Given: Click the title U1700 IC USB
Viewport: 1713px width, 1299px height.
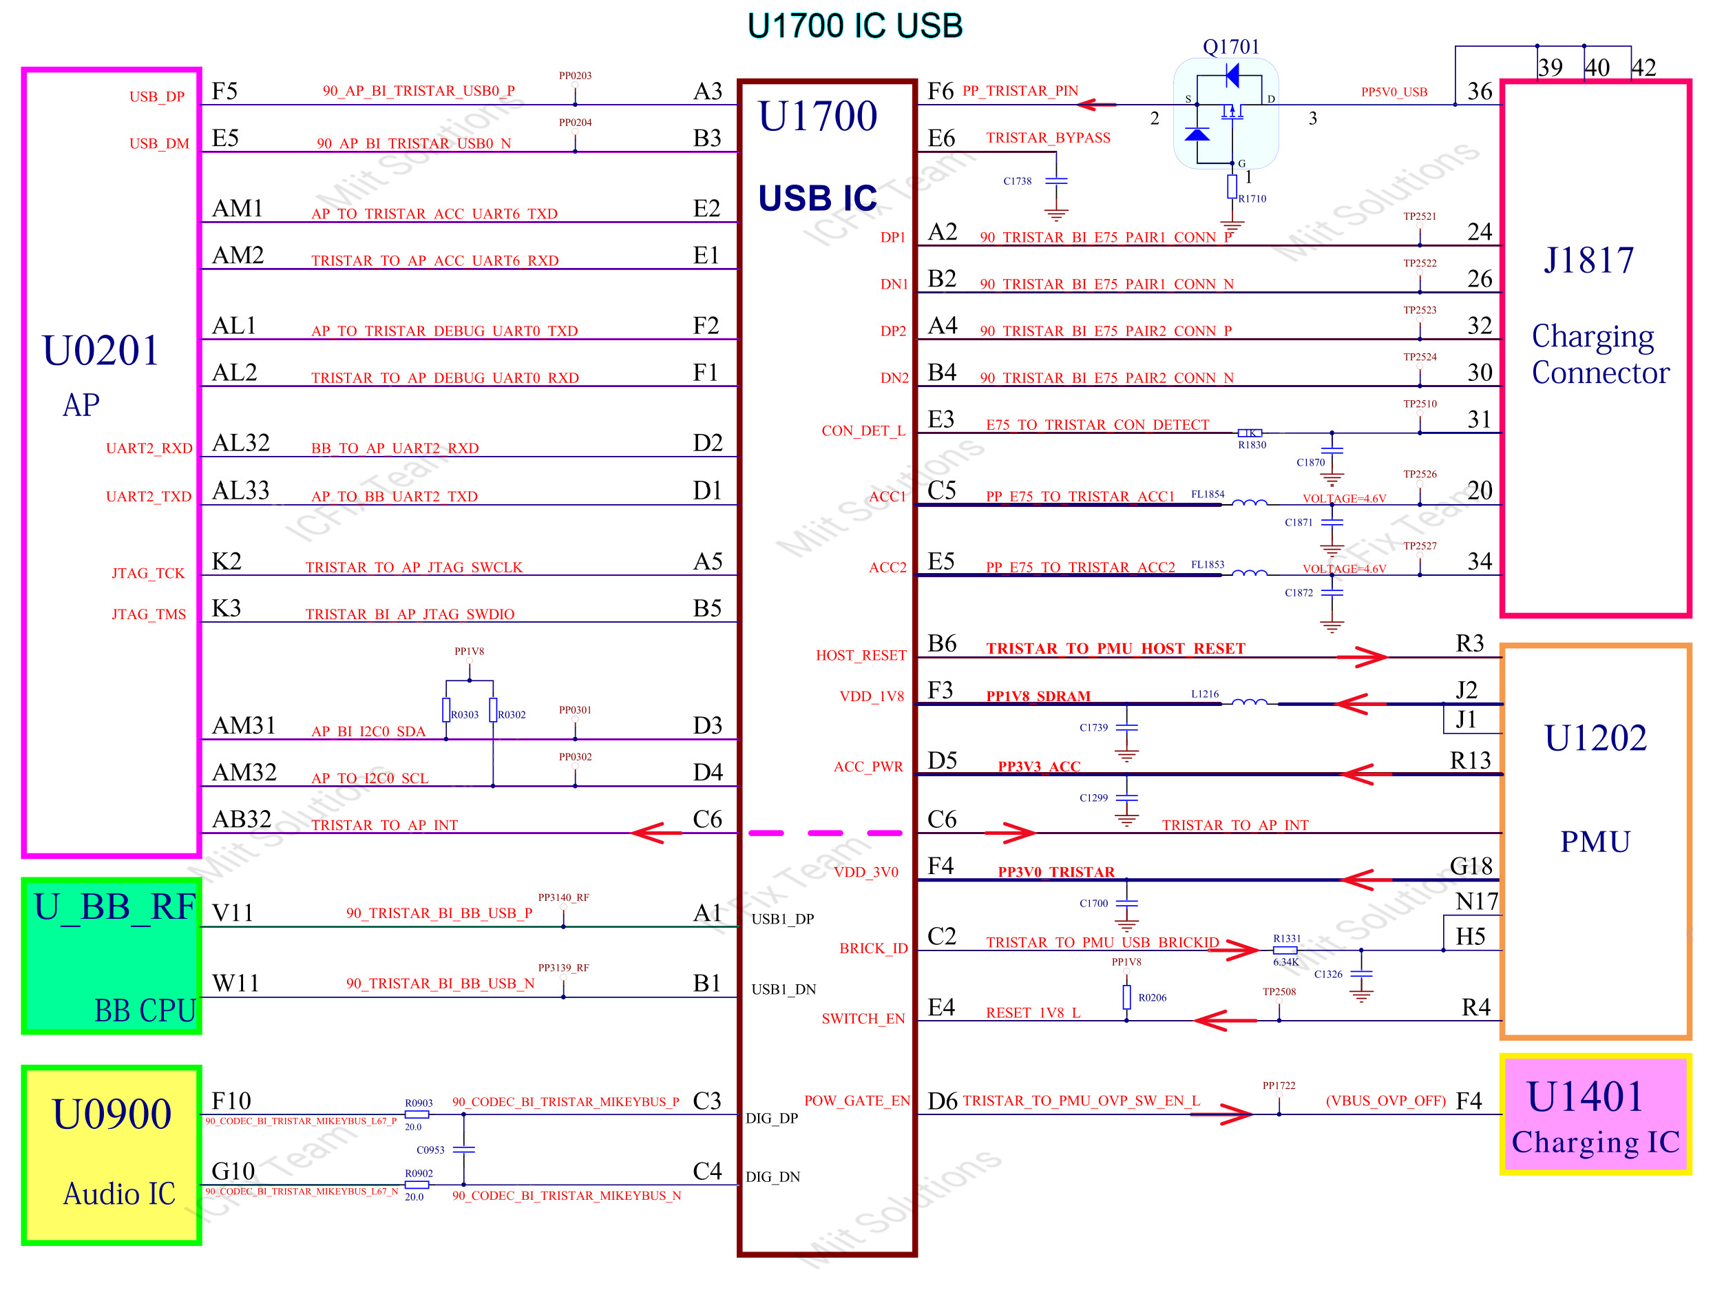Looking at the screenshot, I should click(x=854, y=26).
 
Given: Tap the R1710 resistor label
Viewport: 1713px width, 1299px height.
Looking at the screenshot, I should click(x=1252, y=199).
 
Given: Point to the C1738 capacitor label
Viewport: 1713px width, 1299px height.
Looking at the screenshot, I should click(x=1017, y=181).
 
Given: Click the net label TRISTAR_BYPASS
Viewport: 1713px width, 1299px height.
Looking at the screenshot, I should click(x=1047, y=138).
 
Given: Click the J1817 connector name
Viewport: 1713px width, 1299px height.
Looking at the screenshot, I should click(x=1588, y=260).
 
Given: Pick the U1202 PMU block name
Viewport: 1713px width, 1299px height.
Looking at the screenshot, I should click(x=1595, y=738).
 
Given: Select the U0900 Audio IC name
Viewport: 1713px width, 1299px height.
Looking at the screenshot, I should click(x=112, y=1114).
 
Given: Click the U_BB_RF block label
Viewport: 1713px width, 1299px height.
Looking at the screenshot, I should click(x=114, y=907).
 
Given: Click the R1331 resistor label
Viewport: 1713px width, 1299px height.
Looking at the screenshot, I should click(x=1286, y=939).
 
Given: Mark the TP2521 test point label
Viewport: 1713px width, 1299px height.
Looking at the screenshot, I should click(x=1419, y=217).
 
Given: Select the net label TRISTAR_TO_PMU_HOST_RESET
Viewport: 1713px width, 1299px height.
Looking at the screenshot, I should click(x=1115, y=648).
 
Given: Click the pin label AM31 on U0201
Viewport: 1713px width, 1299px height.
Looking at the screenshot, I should click(x=243, y=726).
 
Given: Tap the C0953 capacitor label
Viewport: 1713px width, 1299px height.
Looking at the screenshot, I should click(x=430, y=1150).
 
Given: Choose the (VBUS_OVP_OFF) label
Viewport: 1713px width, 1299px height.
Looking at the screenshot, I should click(x=1385, y=1101).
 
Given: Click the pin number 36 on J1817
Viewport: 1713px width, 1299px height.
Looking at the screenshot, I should click(x=1479, y=92).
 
